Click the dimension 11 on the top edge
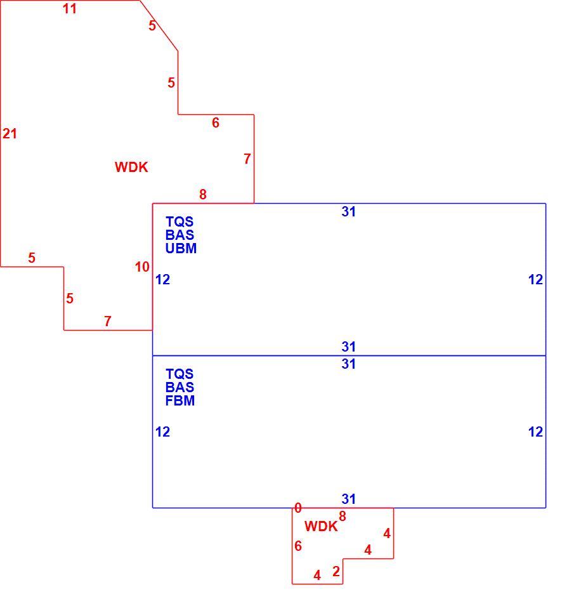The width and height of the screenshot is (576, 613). (x=70, y=9)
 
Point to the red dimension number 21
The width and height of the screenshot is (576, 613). (x=10, y=134)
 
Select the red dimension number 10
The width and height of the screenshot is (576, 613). (x=142, y=267)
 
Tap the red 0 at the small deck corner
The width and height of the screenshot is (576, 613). (x=298, y=508)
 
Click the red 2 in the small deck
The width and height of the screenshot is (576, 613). (x=336, y=572)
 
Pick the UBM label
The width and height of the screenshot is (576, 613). (x=181, y=248)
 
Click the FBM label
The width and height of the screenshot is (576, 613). (x=180, y=400)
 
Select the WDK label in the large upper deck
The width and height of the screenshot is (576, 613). (x=131, y=168)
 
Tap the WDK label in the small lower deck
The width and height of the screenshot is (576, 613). (x=321, y=526)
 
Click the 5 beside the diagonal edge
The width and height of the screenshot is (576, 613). (x=152, y=26)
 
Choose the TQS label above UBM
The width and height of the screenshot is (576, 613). (x=180, y=221)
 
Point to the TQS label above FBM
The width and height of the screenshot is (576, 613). (x=180, y=374)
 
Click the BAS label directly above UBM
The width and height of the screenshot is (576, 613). (x=180, y=235)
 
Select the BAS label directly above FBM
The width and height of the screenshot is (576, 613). (x=180, y=388)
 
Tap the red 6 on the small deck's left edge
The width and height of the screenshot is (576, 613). (x=298, y=546)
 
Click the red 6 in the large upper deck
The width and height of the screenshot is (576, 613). (x=216, y=122)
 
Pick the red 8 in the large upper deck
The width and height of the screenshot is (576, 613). (x=203, y=194)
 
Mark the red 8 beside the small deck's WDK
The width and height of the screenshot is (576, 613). (x=343, y=517)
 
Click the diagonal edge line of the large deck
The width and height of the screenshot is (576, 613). (x=159, y=25)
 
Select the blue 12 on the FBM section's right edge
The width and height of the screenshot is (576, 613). (x=535, y=432)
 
